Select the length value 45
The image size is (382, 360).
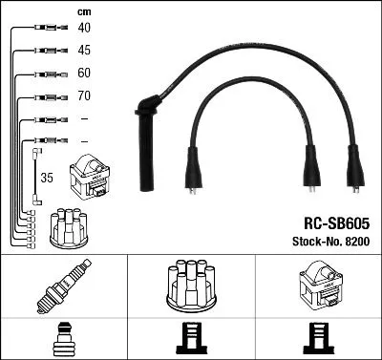tap(84, 50)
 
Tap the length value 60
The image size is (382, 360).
tap(84, 74)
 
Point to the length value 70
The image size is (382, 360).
tap(84, 96)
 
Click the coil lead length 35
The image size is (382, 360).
tap(45, 177)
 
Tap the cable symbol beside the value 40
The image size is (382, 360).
tap(44, 27)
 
